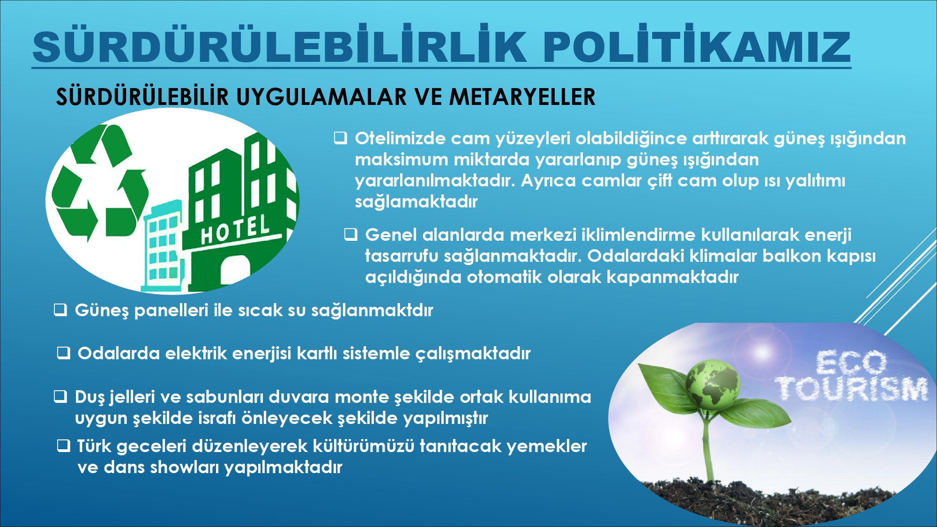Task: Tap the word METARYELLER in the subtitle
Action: pos(522,96)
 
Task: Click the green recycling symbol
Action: pos(100,183)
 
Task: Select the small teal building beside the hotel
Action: pos(163,246)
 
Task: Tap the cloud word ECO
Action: pos(851,363)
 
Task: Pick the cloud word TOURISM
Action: pos(851,389)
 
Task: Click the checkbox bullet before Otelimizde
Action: pos(340,138)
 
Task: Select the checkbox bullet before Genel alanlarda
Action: pos(351,234)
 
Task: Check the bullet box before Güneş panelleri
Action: pos(60,310)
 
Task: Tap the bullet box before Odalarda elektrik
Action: pos(63,353)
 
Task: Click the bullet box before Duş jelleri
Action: pos(60,397)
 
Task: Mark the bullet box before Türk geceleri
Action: pos(63,445)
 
